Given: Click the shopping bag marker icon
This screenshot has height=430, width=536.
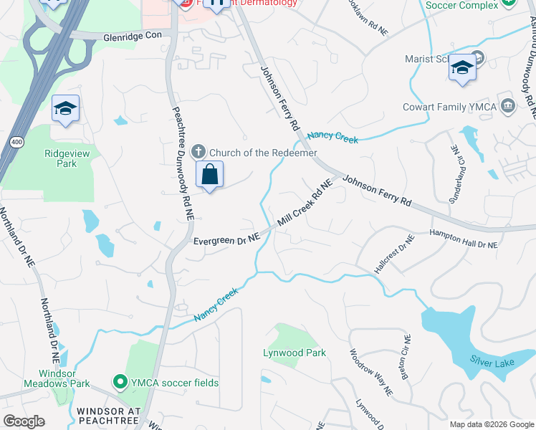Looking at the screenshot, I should pyautogui.click(x=209, y=175).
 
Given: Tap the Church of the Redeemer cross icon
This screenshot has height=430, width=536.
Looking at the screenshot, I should pyautogui.click(x=199, y=152).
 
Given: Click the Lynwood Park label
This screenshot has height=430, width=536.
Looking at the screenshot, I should pyautogui.click(x=295, y=353).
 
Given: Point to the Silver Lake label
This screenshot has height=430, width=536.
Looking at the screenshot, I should pyautogui.click(x=492, y=362).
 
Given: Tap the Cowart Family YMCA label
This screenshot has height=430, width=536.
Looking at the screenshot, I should pyautogui.click(x=460, y=107).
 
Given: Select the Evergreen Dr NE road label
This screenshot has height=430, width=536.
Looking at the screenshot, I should pyautogui.click(x=226, y=242).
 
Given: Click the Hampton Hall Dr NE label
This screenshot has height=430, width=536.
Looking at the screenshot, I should pyautogui.click(x=463, y=239).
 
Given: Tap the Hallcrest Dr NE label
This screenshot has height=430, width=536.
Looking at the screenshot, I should pyautogui.click(x=393, y=254).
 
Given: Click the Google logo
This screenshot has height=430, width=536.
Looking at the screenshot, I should pyautogui.click(x=24, y=421).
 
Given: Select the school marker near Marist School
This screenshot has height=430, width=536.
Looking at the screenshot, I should pyautogui.click(x=462, y=68).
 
